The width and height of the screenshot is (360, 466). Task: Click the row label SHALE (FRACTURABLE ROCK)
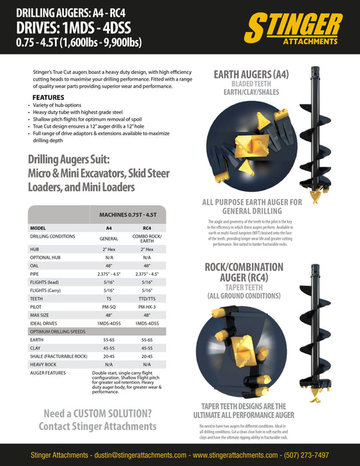click(59, 355)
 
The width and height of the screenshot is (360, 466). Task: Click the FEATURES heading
click(49, 97)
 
